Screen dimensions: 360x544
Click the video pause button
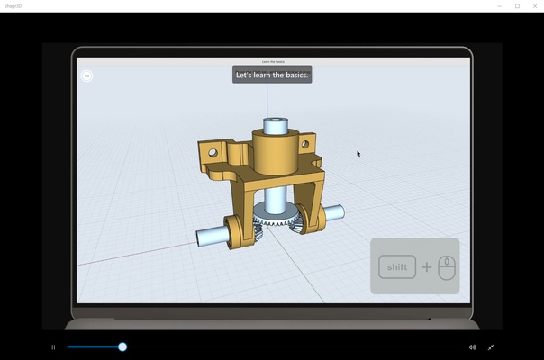coord(53,346)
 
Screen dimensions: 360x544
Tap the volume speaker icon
coord(472,346)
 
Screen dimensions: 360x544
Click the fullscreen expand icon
coord(491,346)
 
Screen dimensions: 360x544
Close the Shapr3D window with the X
coord(534,5)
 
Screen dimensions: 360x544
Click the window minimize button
coord(499,5)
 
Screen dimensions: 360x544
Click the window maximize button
coord(517,5)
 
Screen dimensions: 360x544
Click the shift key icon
coord(397,267)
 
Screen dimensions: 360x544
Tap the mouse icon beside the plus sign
coord(447,266)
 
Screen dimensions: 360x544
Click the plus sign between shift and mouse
coord(427,267)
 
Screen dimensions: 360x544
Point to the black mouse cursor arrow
coord(358,154)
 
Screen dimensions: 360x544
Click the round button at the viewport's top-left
coord(86,76)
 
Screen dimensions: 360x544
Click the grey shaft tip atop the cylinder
coord(272,122)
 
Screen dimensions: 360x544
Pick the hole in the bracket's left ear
coord(213,152)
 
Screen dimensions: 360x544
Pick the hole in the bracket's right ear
coord(304,144)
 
